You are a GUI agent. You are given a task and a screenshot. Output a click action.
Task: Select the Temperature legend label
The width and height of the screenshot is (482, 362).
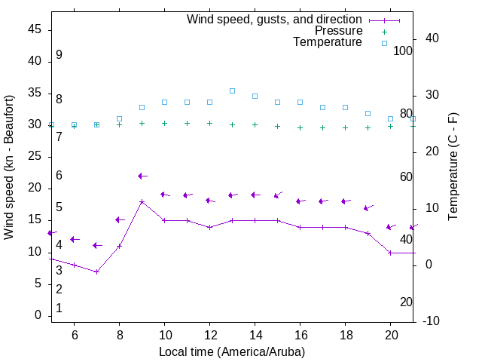(x=328, y=43)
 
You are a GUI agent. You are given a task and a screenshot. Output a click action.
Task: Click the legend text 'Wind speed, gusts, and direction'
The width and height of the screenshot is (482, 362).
(x=275, y=19)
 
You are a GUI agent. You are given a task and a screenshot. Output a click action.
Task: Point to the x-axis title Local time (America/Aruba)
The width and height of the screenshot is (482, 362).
(x=232, y=351)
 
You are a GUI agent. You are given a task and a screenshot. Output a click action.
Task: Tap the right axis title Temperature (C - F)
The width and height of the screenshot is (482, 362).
(x=453, y=167)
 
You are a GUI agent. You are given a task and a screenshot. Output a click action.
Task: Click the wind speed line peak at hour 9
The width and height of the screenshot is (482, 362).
(x=142, y=202)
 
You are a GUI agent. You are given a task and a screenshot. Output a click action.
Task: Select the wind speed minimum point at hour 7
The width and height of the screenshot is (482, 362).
(x=96, y=271)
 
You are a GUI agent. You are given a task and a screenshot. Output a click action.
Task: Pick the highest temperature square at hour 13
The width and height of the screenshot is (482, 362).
(x=232, y=90)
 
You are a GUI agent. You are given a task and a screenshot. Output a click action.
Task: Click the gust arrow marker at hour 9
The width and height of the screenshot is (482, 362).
(x=141, y=176)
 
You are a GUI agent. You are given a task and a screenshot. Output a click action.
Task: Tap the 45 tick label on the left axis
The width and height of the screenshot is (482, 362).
(x=35, y=30)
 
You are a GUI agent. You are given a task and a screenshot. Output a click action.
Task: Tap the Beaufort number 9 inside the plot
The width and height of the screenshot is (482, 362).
(x=59, y=55)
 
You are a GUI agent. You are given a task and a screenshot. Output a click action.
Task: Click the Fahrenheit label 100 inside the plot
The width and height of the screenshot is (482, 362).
(x=403, y=51)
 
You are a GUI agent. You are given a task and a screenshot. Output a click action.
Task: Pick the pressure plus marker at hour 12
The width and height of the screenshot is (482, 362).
(x=209, y=123)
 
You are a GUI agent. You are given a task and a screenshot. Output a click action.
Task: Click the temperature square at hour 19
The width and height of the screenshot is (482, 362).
(x=368, y=113)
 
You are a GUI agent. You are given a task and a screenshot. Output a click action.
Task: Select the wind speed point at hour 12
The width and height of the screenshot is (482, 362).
(x=209, y=227)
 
